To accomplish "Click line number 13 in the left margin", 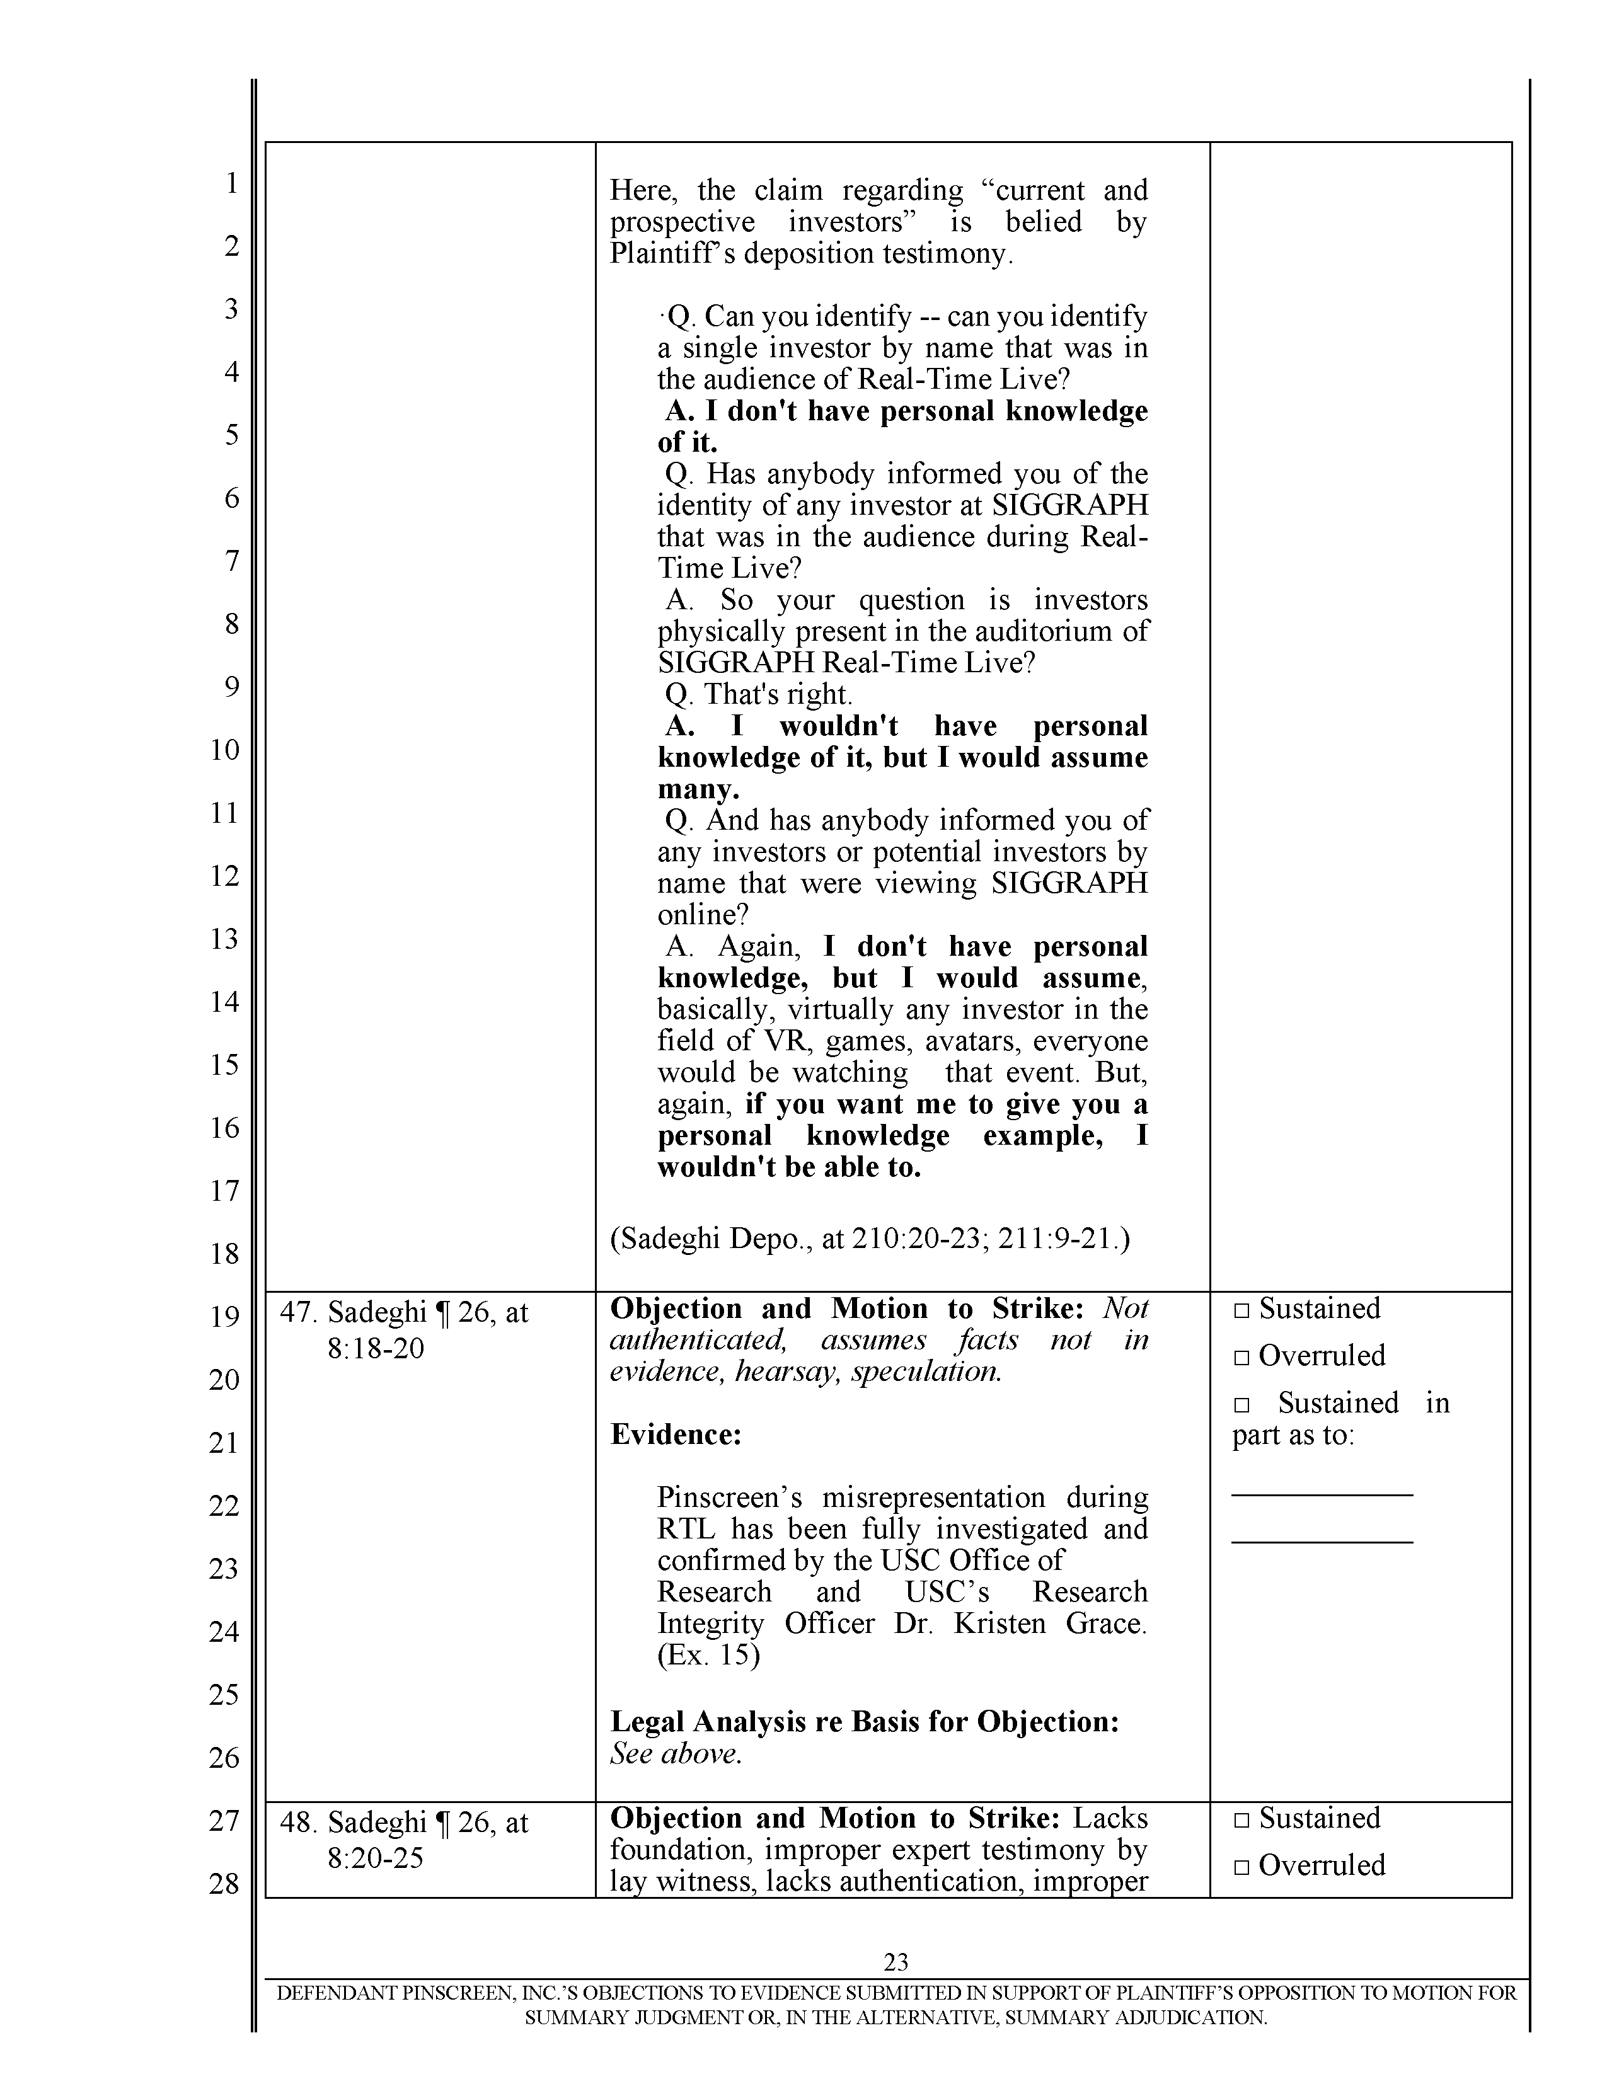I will tap(225, 939).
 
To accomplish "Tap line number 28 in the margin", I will tap(225, 1884).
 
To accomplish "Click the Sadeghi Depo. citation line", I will tap(869, 1239).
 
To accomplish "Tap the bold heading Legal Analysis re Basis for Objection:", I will tap(863, 1721).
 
